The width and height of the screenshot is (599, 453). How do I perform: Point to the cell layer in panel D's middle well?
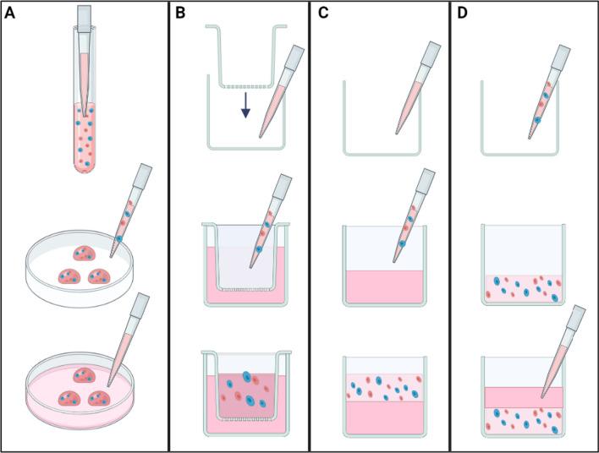click(x=517, y=287)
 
